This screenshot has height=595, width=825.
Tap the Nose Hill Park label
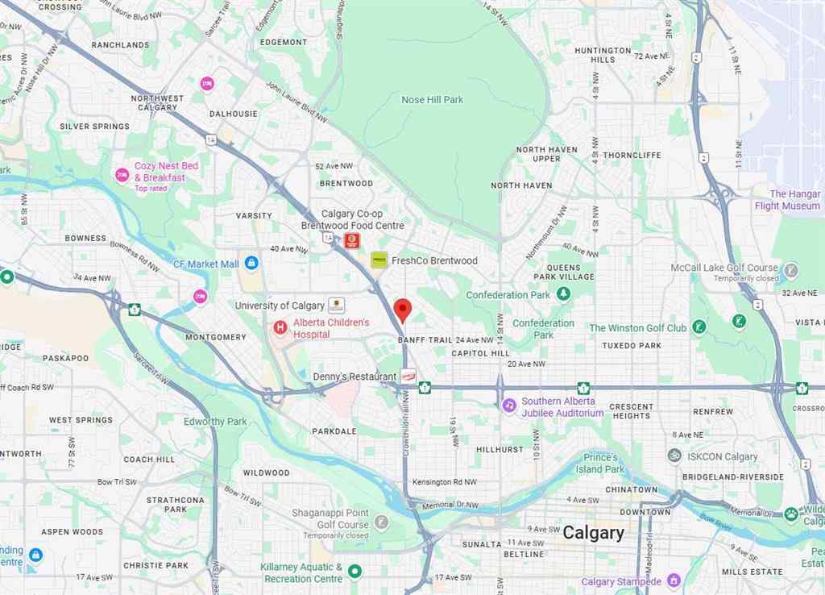[x=433, y=100]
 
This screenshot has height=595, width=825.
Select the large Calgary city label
[x=593, y=533]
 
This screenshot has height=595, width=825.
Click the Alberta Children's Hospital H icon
[x=280, y=327]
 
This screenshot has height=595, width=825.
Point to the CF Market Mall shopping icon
[x=251, y=263]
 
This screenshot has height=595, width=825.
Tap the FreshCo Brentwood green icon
[x=379, y=260]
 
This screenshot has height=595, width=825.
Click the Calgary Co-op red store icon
[x=351, y=240]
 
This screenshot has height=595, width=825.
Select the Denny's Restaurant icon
[x=408, y=377]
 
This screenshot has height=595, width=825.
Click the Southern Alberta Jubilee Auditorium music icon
[x=509, y=406]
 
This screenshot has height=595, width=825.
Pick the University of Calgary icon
[x=337, y=305]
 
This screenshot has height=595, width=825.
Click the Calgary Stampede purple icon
[x=674, y=580]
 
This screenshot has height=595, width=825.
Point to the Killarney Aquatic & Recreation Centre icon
[x=355, y=572]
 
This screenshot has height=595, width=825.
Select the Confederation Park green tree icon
[x=564, y=294]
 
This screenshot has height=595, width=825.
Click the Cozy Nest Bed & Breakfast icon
[x=122, y=174]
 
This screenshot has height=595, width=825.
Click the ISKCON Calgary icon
[x=674, y=456]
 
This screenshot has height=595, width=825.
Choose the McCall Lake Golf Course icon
[x=791, y=269]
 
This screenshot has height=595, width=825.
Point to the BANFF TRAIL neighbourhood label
[x=425, y=340]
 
